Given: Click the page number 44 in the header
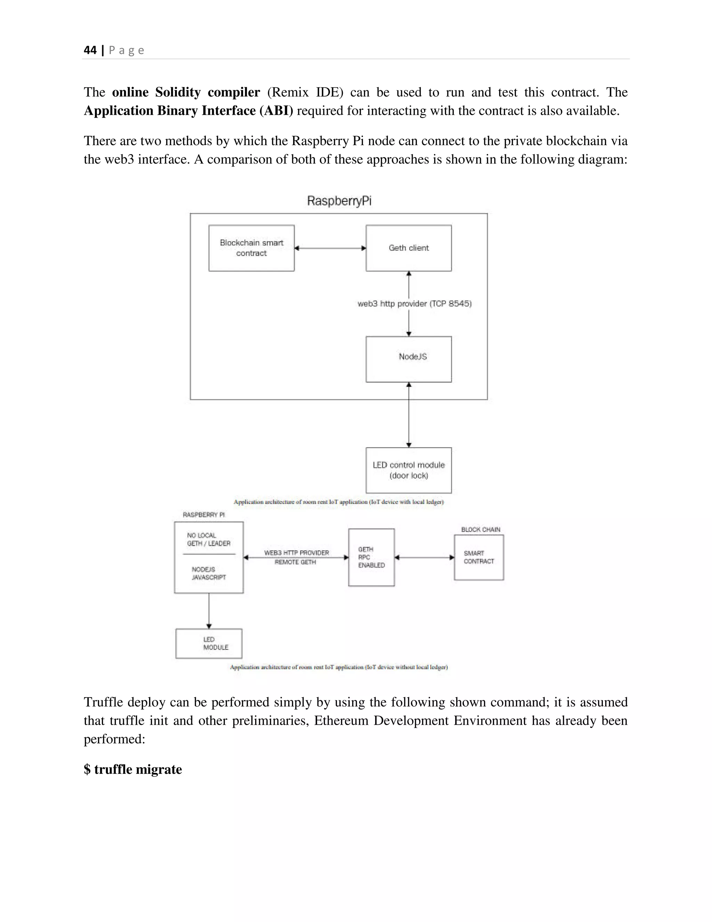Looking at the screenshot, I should [x=90, y=50].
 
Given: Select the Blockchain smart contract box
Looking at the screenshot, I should [x=251, y=248].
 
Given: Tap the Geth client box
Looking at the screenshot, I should [x=408, y=248].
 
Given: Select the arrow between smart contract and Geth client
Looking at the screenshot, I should [x=330, y=248].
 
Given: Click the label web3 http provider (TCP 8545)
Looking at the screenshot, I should [x=414, y=303].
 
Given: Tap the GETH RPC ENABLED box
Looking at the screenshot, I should [x=371, y=557].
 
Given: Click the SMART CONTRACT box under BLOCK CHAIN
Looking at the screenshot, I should [x=479, y=557].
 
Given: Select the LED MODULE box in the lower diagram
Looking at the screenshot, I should [x=209, y=643].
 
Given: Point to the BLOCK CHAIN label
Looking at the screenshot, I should [x=480, y=530].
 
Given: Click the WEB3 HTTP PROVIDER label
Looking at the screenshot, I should [x=297, y=553].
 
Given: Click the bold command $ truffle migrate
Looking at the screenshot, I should [x=133, y=769].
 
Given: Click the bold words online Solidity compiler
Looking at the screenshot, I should [x=186, y=92].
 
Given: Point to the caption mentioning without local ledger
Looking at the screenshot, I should [x=339, y=667].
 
